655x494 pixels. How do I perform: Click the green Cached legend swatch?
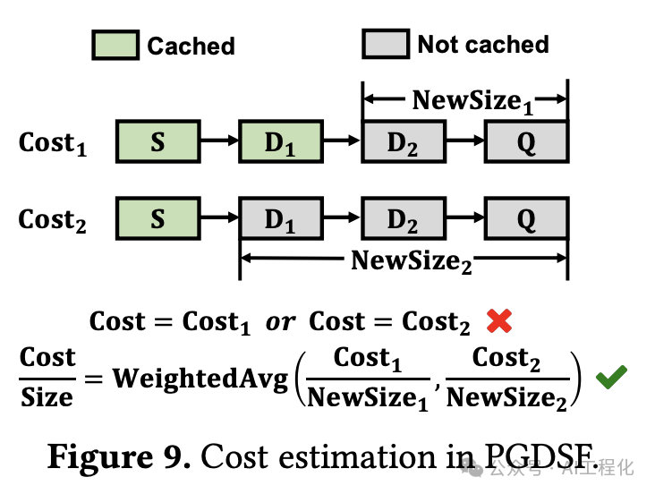pos(115,45)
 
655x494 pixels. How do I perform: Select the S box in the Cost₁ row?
pos(157,141)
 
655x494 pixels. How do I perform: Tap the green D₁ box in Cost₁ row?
pos(280,141)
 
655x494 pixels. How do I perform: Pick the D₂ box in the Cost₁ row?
pos(403,141)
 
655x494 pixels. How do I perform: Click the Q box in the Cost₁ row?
pos(526,141)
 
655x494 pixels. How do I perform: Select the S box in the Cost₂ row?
pos(157,219)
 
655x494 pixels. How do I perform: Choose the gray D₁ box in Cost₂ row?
pos(280,219)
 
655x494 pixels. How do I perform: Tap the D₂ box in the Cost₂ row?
pos(403,219)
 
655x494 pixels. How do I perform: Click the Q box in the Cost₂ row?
pos(526,219)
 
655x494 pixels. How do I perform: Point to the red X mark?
pos(500,321)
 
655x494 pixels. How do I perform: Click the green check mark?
pos(611,377)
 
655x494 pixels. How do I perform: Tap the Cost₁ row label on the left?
pos(53,143)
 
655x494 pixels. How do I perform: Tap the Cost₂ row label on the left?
pos(53,221)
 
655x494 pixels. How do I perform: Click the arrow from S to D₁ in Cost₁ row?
pos(218,141)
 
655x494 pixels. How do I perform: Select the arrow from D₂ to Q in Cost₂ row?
pos(464,219)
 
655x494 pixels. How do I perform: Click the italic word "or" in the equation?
pos(280,322)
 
